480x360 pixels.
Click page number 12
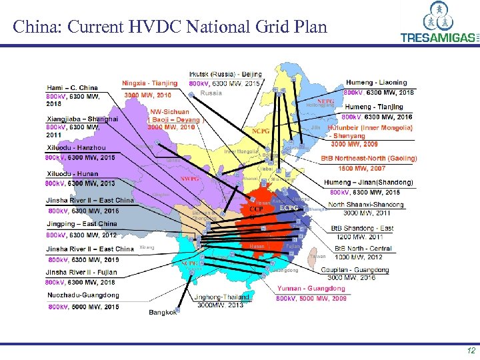coord(471,351)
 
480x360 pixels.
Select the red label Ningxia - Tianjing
coord(150,83)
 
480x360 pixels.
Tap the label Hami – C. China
coord(71,87)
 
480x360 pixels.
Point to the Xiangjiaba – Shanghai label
coord(82,119)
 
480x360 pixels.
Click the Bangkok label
coord(163,312)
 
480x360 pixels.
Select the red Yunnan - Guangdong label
coord(311,289)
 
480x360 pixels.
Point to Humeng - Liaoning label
coord(377,83)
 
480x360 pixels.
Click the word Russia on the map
coord(211,94)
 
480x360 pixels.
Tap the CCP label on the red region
coord(257,209)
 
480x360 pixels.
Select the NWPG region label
coord(191,179)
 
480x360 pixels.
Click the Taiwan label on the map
coord(318,257)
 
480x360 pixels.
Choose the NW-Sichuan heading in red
coord(169,111)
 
